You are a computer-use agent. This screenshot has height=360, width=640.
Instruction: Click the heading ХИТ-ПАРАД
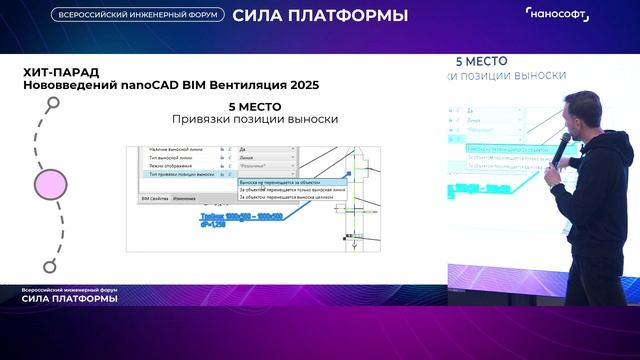click(55, 72)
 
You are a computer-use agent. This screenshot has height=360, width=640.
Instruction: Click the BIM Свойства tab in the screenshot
click(153, 199)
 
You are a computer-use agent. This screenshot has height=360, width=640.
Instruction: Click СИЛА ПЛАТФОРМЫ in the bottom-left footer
click(70, 299)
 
